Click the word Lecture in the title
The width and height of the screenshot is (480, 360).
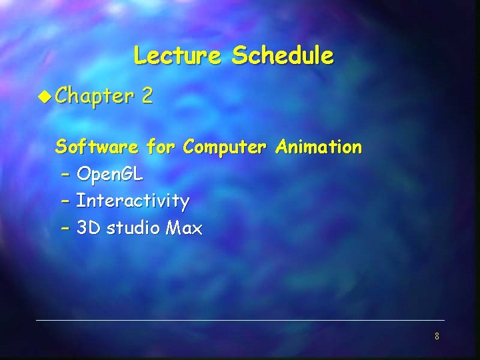click(176, 55)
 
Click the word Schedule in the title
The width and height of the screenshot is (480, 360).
click(282, 55)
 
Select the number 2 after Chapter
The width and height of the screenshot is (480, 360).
click(147, 97)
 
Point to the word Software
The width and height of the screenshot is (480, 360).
click(97, 146)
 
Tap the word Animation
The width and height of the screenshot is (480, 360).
click(319, 146)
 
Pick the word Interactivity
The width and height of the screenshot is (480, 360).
click(133, 201)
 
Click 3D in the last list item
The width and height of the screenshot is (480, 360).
click(88, 228)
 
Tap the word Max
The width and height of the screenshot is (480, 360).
click(184, 228)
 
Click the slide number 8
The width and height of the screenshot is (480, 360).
click(437, 336)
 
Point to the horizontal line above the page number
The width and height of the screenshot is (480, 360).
click(240, 321)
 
